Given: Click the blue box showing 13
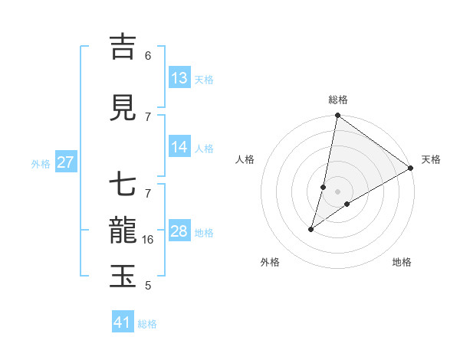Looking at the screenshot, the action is pyautogui.click(x=179, y=78).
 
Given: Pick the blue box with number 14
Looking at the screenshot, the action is pyautogui.click(x=179, y=147).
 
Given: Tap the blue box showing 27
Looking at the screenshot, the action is pyautogui.click(x=66, y=162).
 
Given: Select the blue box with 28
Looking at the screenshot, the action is pyautogui.click(x=179, y=231).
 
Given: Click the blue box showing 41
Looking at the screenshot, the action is pyautogui.click(x=123, y=322).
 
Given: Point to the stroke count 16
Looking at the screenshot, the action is pyautogui.click(x=149, y=240).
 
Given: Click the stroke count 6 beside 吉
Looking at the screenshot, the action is pyautogui.click(x=148, y=56).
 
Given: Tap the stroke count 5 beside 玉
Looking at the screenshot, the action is pyautogui.click(x=148, y=286).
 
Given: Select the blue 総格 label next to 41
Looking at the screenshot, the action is pyautogui.click(x=147, y=324).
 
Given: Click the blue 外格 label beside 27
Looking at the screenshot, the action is pyautogui.click(x=41, y=163).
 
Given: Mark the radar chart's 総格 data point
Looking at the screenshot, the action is pyautogui.click(x=337, y=116).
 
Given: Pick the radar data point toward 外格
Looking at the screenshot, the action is pyautogui.click(x=311, y=229).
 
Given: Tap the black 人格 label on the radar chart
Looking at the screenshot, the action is pyautogui.click(x=245, y=159).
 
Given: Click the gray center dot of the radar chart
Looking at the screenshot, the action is pyautogui.click(x=337, y=191).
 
